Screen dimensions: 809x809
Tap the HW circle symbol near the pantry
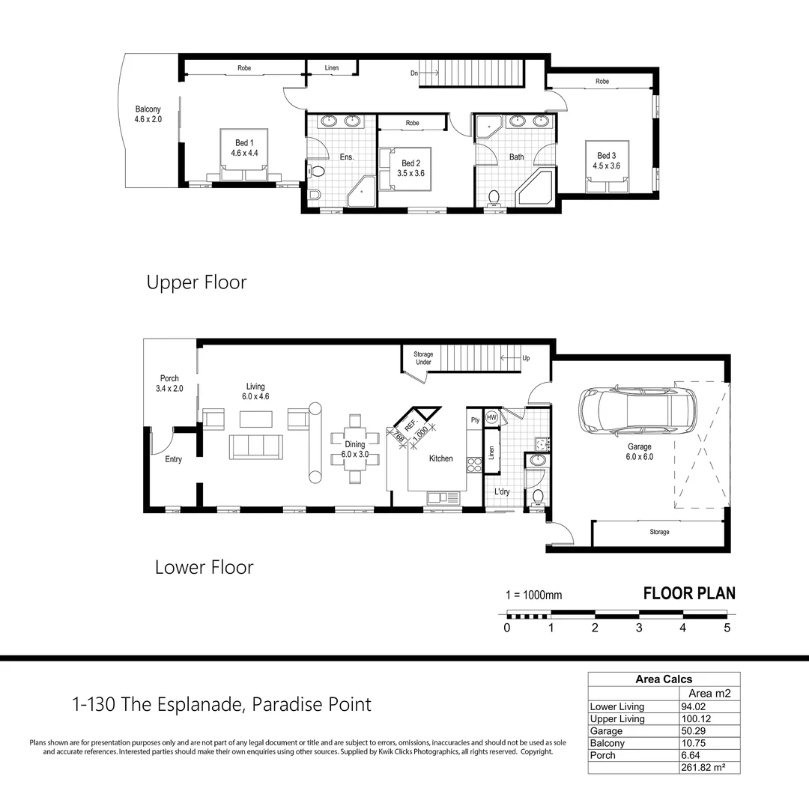pos(491,417)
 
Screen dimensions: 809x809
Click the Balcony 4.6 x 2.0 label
pos(148,114)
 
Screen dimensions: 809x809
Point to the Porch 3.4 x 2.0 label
pos(169,384)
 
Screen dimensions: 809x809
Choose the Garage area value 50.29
pos(694,731)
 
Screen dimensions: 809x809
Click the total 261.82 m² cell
pos(703,768)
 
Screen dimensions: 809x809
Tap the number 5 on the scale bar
pos(727,628)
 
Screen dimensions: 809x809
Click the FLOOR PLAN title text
pos(689,593)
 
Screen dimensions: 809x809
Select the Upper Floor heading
pos(196,282)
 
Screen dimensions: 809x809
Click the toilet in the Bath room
pos(494,198)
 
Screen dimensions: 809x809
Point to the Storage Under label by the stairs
pos(423,358)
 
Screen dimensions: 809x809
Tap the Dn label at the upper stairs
pos(413,73)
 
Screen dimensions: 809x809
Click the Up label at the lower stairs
pos(526,358)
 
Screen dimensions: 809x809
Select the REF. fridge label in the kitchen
pos(410,425)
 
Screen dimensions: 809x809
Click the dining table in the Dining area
pos(354,449)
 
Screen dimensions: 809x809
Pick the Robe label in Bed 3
pos(602,81)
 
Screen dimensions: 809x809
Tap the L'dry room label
pos(502,491)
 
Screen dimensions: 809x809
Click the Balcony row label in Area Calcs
pos(607,744)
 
